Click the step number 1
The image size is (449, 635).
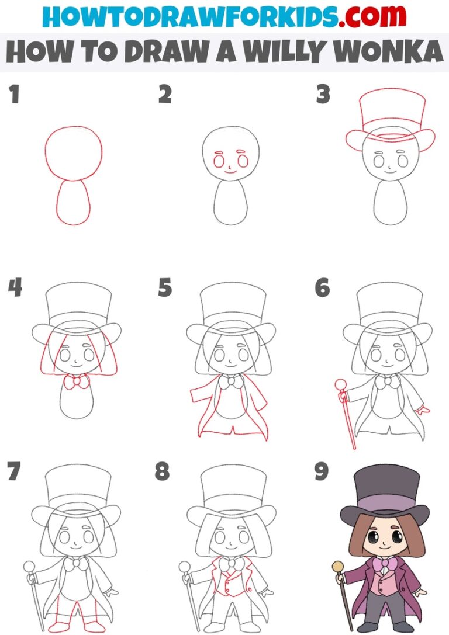[14, 95]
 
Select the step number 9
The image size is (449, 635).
[322, 471]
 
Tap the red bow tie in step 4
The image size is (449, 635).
[77, 382]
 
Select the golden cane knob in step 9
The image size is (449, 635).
[338, 566]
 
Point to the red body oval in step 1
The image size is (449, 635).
[74, 202]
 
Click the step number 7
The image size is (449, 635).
[15, 471]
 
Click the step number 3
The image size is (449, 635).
[323, 95]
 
